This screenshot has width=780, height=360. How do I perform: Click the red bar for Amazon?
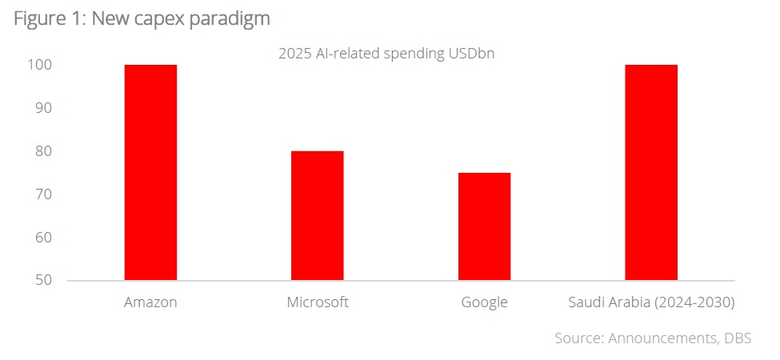[150, 173]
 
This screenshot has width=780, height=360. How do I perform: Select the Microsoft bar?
[318, 216]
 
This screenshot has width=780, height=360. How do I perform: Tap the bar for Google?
[484, 226]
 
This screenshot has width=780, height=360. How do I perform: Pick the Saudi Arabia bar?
[651, 173]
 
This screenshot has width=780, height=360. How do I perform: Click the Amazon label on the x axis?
[150, 303]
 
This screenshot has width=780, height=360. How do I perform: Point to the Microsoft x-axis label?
[318, 303]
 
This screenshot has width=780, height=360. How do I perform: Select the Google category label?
[484, 303]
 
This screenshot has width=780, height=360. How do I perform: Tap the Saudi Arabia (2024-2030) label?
[651, 303]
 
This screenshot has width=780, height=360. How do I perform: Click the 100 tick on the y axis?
[42, 65]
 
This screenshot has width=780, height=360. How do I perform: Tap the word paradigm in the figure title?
[232, 18]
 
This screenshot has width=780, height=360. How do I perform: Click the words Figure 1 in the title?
[48, 18]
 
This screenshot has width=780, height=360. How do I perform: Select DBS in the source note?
[737, 338]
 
